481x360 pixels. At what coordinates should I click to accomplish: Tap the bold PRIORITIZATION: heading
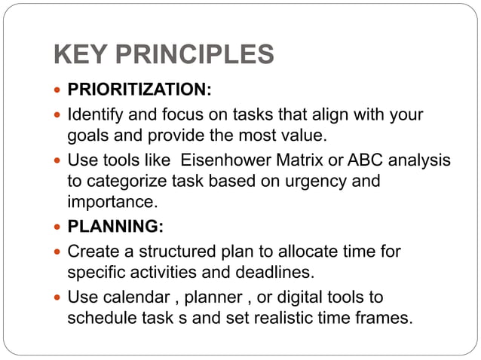click(x=139, y=91)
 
